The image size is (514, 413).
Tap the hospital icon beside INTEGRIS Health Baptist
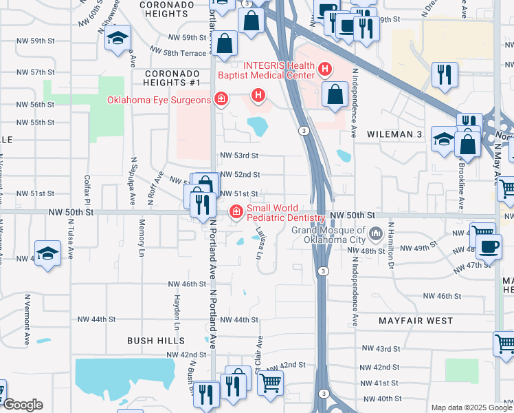coord(325,70)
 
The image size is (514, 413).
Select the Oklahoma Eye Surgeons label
coord(158,100)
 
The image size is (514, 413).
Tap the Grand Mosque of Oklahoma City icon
coord(376,235)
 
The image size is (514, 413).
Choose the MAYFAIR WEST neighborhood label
coord(416,321)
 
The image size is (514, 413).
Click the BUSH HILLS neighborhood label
coord(156,341)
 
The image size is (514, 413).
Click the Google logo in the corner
coord(22,405)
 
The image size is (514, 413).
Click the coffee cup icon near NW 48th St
coord(488,246)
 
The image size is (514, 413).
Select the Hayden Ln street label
coord(177,307)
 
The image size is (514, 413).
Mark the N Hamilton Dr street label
coord(390,244)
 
